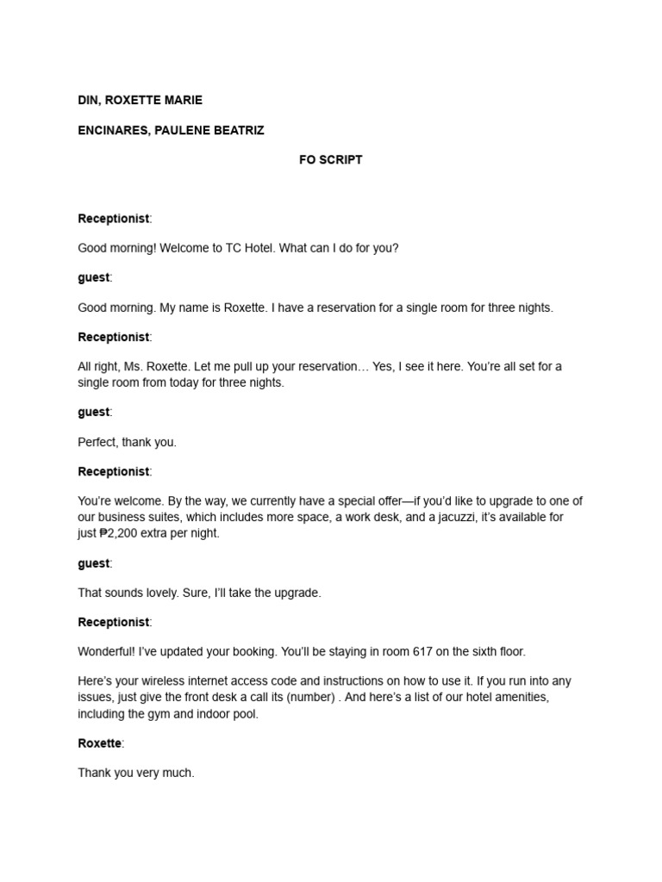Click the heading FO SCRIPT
point(330,159)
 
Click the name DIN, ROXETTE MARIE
point(140,100)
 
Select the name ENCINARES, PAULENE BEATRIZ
point(171,130)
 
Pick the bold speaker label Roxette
point(100,743)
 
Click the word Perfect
point(97,442)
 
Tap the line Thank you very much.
point(136,773)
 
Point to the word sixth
point(488,651)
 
